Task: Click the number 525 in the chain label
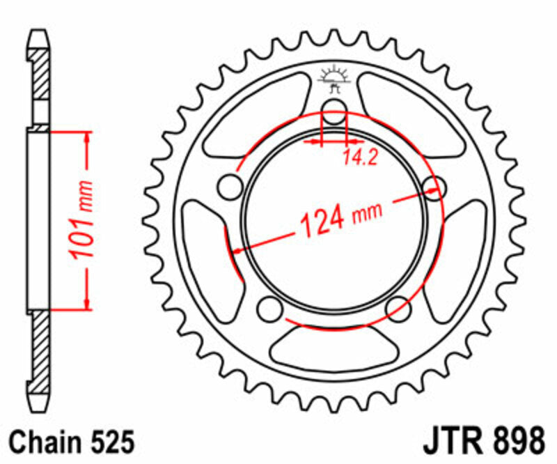pyautogui.click(x=109, y=442)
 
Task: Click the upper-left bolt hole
pyautogui.click(x=228, y=185)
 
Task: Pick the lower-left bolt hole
pyautogui.click(x=267, y=308)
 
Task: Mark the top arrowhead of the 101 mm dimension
pyautogui.click(x=86, y=135)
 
